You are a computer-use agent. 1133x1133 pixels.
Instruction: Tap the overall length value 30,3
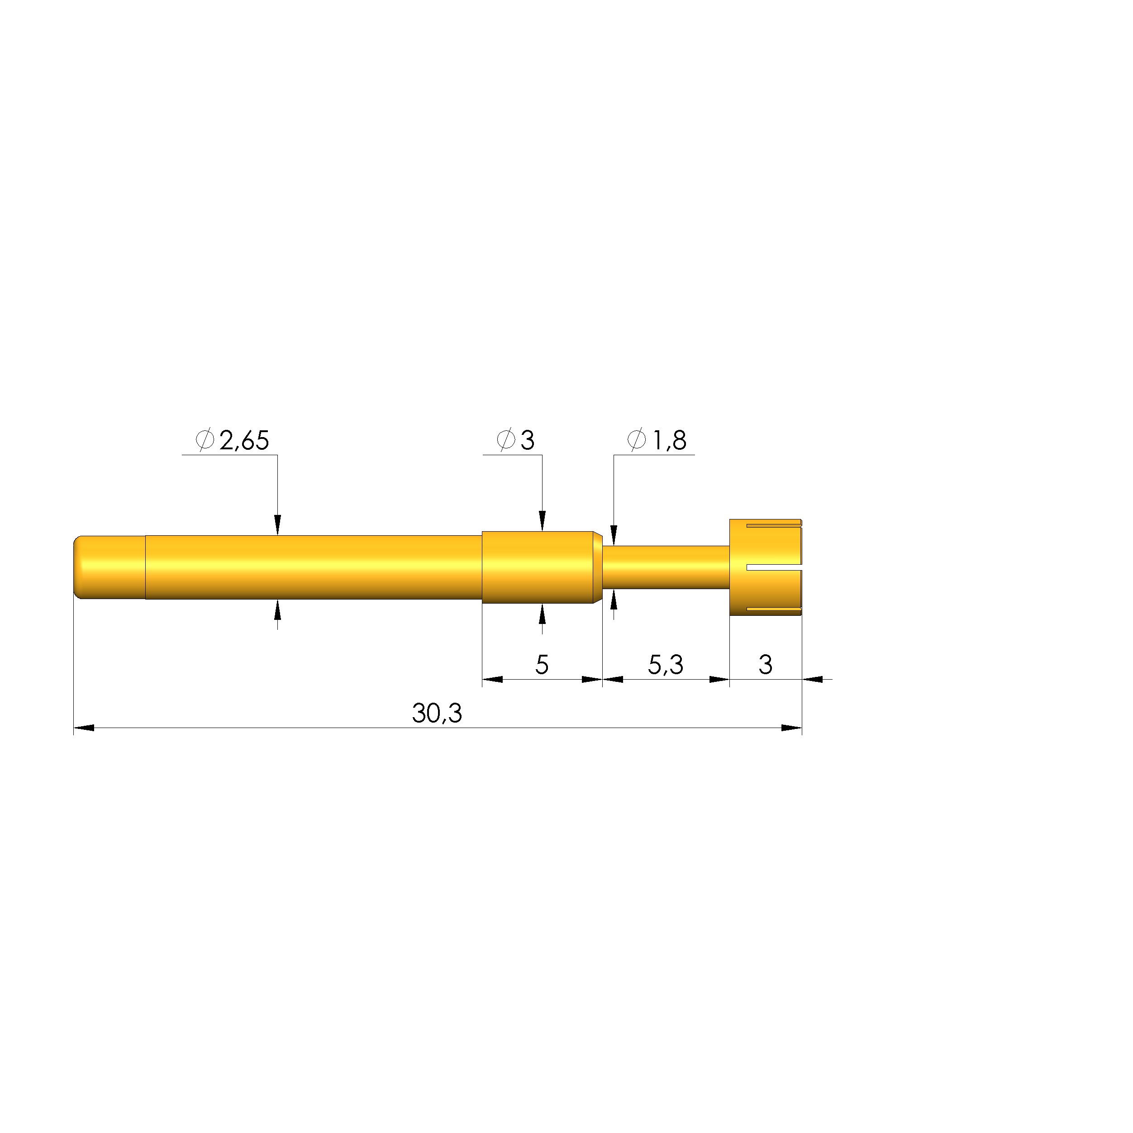click(437, 713)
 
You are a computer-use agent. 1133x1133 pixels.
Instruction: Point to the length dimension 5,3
click(666, 664)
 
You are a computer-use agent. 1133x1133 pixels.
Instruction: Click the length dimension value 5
click(542, 664)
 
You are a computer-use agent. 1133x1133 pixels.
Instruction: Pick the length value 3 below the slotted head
click(765, 664)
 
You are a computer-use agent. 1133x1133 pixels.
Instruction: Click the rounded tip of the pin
click(78, 567)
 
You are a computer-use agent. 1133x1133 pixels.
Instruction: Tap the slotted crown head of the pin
click(765, 567)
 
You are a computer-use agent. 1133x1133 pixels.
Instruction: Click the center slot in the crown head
click(774, 567)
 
